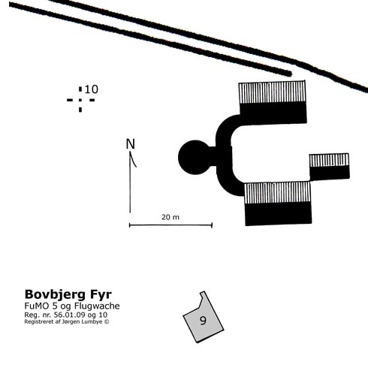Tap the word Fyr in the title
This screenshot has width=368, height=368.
coord(101,295)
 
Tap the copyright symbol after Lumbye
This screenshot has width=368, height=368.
coord(107,321)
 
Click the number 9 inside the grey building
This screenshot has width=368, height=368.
coord(203,320)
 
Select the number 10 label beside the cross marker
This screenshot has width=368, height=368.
coord(92,89)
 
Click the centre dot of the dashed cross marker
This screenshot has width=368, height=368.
coord(80,100)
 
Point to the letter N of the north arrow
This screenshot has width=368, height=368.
coord(131,144)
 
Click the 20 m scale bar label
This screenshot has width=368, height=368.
coord(170,217)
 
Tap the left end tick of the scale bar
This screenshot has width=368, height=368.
coord(129,225)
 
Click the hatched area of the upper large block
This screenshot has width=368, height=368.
coord(272,92)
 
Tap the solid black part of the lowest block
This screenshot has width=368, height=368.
coord(278,213)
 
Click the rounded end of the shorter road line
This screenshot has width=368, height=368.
coord(289,74)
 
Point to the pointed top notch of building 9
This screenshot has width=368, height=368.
coord(203,292)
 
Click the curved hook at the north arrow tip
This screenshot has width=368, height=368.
coord(133,160)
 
